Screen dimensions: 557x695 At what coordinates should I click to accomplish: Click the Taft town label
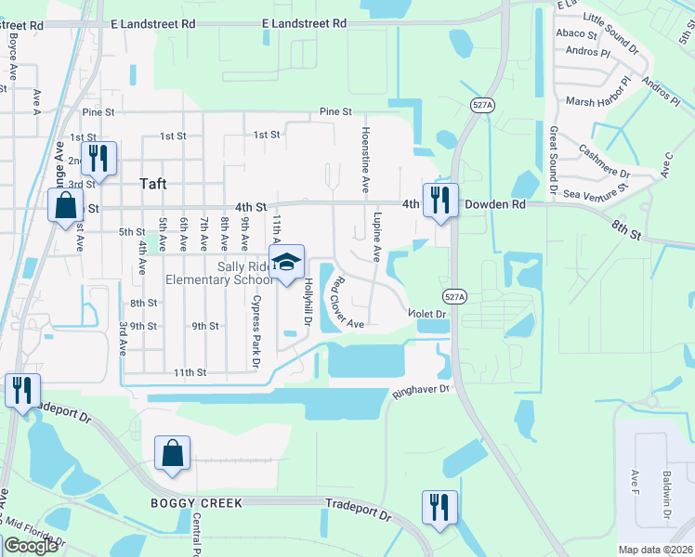(152, 184)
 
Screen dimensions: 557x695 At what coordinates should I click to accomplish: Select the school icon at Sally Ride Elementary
(287, 261)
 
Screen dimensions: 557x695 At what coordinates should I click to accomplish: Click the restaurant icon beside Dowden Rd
(439, 200)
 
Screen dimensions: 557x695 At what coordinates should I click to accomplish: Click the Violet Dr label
(428, 315)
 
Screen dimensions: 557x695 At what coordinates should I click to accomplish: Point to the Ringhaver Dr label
(421, 391)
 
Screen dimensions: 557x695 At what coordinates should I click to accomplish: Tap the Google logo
(31, 546)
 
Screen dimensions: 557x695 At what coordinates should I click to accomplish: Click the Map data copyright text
(655, 550)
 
